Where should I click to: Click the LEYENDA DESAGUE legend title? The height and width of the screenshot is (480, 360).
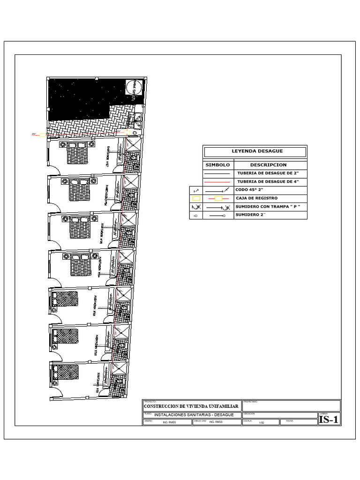click(255, 151)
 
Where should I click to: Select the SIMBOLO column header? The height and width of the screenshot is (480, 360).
click(217, 165)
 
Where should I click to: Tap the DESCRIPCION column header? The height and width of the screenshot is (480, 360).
click(268, 165)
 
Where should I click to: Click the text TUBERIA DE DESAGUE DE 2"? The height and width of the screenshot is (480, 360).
click(268, 173)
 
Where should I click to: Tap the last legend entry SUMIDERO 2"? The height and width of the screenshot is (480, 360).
click(250, 215)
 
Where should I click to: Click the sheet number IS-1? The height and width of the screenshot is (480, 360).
click(329, 420)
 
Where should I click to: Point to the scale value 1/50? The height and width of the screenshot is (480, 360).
click(262, 423)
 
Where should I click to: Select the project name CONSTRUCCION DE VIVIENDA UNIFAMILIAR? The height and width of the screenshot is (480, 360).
click(191, 406)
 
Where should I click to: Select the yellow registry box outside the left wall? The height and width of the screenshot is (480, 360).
click(43, 135)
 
